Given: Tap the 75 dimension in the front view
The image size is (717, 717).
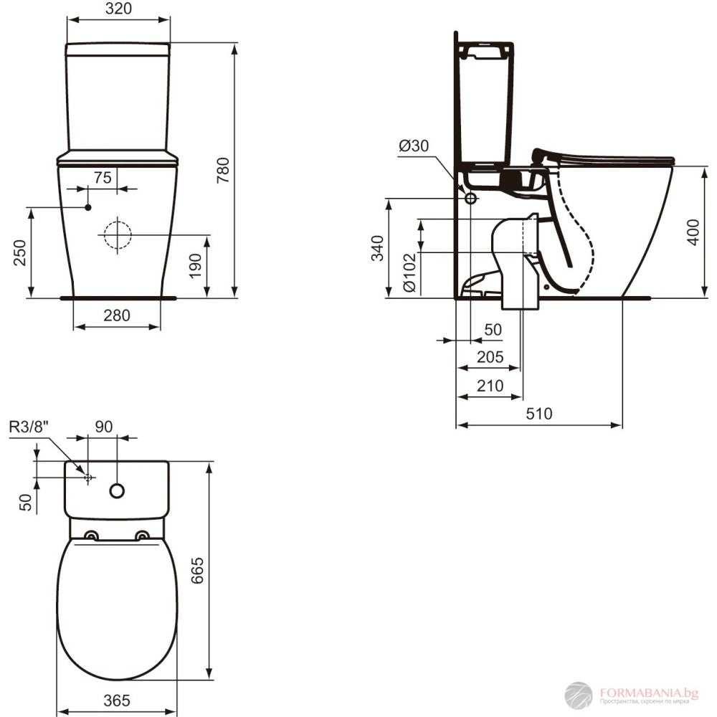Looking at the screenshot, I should click(103, 178).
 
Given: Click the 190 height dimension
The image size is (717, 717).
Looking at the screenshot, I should click(195, 267).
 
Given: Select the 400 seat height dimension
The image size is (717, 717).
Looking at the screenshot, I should click(692, 231).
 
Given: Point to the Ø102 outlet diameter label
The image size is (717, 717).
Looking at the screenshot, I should click(409, 272).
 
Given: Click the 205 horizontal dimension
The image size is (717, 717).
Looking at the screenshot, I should click(490, 357).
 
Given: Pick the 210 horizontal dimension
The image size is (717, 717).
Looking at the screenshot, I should click(490, 386).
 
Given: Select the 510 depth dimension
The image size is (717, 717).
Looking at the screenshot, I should click(538, 414).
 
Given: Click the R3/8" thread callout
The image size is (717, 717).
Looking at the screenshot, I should click(29, 426).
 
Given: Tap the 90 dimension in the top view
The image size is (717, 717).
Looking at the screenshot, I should click(103, 426).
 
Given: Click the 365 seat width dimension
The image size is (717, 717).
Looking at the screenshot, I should click(117, 699).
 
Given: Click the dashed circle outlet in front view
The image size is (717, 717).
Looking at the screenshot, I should click(115, 235).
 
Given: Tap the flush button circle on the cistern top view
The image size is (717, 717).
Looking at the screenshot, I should click(117, 491).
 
